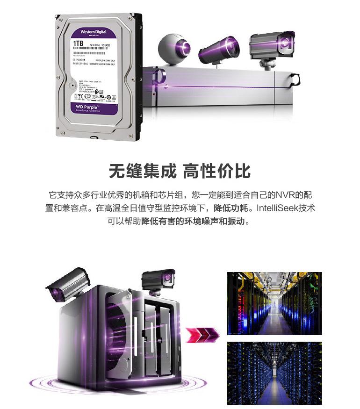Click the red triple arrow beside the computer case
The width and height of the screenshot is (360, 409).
coord(202,334)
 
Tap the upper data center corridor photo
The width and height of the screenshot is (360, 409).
coord(274,303)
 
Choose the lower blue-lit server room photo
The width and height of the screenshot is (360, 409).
coord(274,373)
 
